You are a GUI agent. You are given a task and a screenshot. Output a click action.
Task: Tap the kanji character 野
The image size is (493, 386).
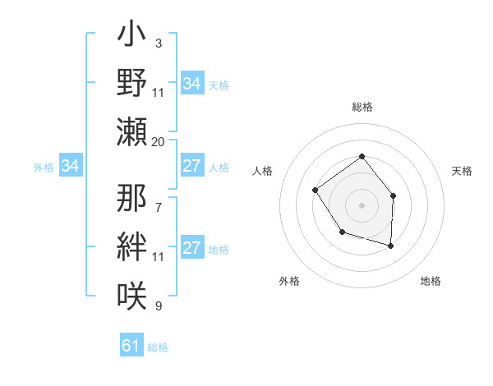click(x=131, y=83)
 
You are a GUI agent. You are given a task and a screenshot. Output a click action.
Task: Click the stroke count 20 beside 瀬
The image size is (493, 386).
click(x=159, y=142)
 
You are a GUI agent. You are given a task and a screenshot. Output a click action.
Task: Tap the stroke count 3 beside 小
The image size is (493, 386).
click(x=158, y=43)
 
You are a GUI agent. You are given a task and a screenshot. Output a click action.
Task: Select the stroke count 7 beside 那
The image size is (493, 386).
click(x=158, y=199)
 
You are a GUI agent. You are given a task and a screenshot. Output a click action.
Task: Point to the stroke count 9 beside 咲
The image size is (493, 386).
click(x=158, y=306)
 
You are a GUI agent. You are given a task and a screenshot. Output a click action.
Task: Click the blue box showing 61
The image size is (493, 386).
click(x=131, y=346)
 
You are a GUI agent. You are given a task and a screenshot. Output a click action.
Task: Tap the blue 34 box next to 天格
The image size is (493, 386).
click(x=191, y=84)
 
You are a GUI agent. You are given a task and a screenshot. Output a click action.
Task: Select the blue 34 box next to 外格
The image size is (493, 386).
click(x=71, y=167)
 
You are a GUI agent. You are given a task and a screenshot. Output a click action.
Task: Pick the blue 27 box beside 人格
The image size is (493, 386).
click(x=191, y=167)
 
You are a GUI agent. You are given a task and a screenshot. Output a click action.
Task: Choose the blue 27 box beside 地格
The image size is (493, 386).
click(x=191, y=249)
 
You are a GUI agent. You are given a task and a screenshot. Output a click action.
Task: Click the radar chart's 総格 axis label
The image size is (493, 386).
click(x=362, y=108)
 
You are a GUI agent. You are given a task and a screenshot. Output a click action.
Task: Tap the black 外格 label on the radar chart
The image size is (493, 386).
click(x=289, y=281)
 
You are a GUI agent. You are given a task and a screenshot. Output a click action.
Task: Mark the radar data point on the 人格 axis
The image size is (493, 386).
click(x=316, y=191)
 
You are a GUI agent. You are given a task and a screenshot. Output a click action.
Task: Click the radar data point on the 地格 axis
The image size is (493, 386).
click(x=391, y=246)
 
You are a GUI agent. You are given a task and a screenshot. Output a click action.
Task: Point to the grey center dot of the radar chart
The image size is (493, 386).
click(x=362, y=204)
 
